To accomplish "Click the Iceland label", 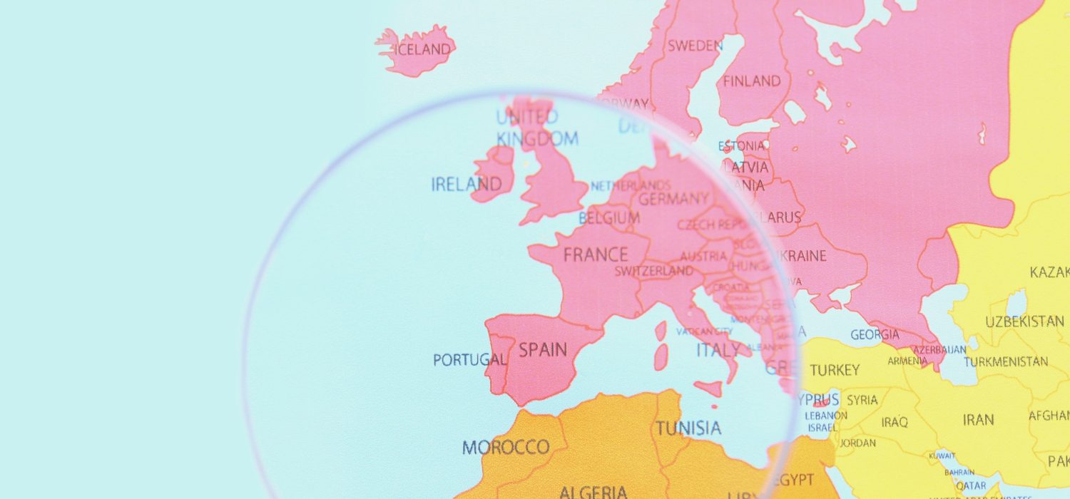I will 423,50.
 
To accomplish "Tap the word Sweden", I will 695,46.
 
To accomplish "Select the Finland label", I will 752,81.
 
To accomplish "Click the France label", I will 596,254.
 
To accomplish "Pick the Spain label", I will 543,350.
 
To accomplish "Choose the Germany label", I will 673,199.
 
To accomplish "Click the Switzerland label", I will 654,272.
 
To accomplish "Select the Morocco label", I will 506,448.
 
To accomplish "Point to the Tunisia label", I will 688,428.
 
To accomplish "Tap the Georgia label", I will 875,334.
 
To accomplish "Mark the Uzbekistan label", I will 1024,321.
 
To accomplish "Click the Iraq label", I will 895,422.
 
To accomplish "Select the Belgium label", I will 609,217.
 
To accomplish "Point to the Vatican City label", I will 704,331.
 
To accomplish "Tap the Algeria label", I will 593,492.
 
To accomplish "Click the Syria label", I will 862,400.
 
